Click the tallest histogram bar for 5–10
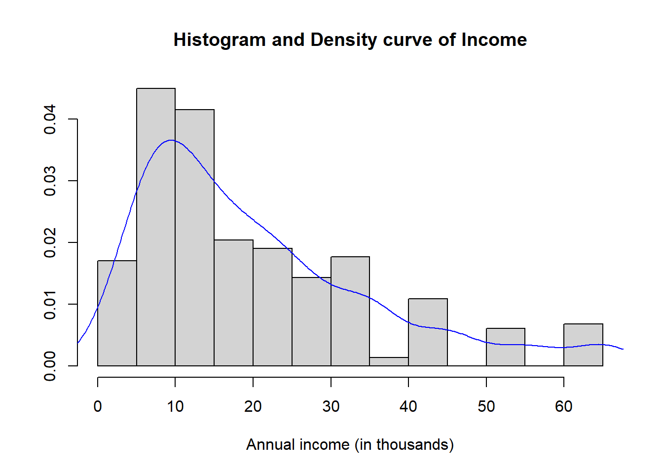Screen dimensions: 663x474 (156, 227)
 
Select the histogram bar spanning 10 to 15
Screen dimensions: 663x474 (195, 237)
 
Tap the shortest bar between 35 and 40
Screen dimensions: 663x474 (389, 362)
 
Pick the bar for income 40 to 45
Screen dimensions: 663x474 (428, 332)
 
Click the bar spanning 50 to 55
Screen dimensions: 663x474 (506, 347)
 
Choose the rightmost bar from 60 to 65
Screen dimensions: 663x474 (584, 345)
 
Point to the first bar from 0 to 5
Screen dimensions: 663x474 (117, 314)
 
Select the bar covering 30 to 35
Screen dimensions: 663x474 (350, 312)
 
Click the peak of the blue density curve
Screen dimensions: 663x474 (171, 140)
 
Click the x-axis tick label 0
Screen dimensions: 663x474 (98, 406)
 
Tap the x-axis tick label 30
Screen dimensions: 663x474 (331, 406)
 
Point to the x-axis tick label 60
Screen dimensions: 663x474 (564, 406)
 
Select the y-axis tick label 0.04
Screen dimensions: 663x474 (50, 119)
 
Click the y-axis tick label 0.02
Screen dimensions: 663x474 (50, 242)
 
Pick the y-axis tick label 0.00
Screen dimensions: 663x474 (50, 366)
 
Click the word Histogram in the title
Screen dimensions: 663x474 (220, 40)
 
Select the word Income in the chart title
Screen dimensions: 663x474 (494, 39)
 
